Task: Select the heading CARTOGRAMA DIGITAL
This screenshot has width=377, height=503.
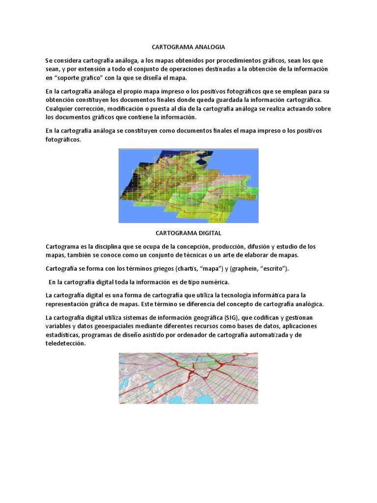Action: [188, 233]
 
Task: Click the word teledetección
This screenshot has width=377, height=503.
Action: [65, 344]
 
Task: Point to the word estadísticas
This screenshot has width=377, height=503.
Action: [63, 335]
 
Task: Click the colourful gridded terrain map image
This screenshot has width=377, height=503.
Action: [188, 186]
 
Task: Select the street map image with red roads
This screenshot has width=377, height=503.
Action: [188, 377]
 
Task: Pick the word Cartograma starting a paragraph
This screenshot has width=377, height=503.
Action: [62, 246]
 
